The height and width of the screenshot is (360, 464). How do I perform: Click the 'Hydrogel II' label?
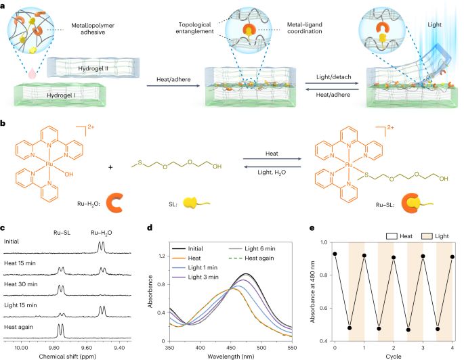[x=93, y=68]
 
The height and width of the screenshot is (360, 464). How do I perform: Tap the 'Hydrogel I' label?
[x=61, y=95]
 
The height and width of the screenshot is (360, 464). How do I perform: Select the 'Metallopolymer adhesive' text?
[x=93, y=28]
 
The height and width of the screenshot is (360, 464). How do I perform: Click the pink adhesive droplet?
[x=31, y=73]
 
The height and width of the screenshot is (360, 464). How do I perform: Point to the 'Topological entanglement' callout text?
[x=194, y=28]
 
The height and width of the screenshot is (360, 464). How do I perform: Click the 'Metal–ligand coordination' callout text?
[x=305, y=28]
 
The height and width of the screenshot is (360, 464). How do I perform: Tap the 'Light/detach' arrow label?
[x=333, y=77]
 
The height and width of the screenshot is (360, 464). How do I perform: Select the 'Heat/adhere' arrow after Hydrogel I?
[x=173, y=86]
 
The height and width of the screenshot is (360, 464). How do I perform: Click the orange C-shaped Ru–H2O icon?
[x=114, y=203]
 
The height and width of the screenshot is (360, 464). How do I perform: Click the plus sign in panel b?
[x=110, y=167]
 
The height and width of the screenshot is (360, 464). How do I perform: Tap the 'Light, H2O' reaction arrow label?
[x=272, y=172]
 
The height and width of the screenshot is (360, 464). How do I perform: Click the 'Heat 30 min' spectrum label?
[x=21, y=284]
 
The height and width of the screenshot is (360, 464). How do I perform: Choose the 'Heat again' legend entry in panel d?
[x=252, y=258]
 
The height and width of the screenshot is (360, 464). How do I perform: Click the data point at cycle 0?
[x=335, y=254]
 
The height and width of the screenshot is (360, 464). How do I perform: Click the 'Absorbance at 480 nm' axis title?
[x=312, y=292]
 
